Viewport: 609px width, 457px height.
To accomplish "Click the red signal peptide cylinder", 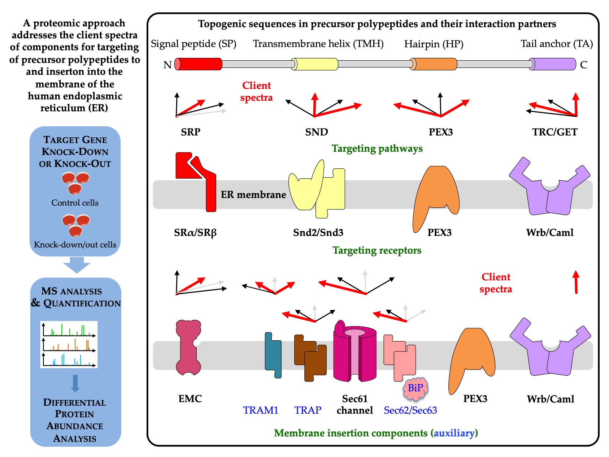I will pos(199,64).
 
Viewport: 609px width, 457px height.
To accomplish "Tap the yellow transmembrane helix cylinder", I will pos(315,64).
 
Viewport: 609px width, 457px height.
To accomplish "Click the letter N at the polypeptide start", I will pos(168,65).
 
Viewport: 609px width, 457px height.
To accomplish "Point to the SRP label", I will pos(191,132).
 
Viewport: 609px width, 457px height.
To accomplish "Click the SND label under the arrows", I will pos(317,132).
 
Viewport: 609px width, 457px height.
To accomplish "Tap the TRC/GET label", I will pos(555,132).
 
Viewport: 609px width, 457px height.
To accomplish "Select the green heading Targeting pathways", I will pos(377,148).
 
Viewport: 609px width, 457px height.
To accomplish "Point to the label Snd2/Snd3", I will pos(318,232).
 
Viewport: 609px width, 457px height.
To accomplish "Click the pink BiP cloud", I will pos(416,388).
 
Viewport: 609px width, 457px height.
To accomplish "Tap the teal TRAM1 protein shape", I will pos(273,356).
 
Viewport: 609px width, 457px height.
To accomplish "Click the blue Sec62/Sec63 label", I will pos(410,410).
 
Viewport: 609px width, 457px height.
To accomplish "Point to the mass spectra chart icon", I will pos(69,344).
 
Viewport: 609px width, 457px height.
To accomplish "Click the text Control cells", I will pos(75,203).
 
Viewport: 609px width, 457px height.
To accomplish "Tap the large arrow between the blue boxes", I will pos(77,265).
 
